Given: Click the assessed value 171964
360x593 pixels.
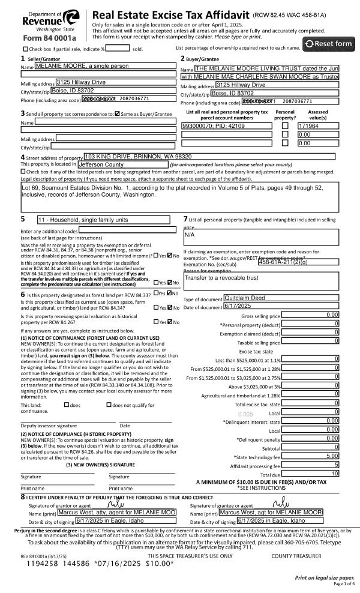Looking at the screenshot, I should pos(316,127).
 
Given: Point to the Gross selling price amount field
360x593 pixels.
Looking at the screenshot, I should pos(311,315).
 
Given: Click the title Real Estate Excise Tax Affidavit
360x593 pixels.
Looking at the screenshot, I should pos(170,15).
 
